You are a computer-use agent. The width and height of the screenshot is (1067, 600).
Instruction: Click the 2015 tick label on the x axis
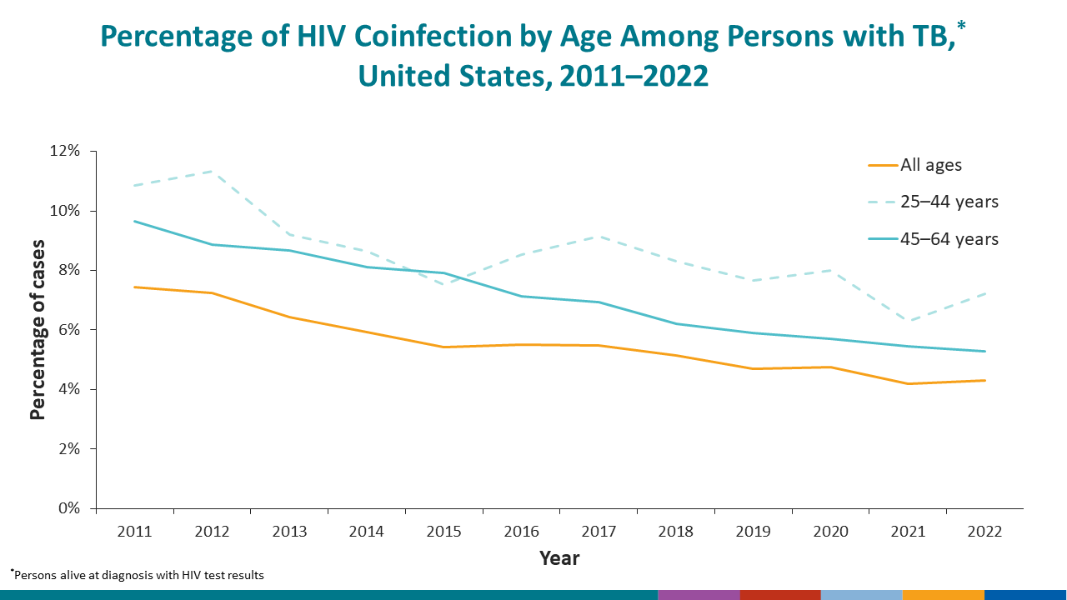click(x=443, y=532)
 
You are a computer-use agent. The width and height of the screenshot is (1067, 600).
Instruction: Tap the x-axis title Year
click(x=559, y=558)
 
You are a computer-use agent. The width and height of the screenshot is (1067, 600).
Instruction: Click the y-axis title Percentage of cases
click(x=38, y=330)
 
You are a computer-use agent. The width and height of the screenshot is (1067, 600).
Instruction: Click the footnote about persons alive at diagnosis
click(x=138, y=575)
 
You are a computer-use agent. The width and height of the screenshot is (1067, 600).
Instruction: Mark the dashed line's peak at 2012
click(x=212, y=171)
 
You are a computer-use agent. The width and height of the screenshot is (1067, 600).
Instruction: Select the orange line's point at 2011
click(x=134, y=287)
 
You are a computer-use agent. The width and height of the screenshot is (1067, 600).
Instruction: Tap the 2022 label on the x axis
click(x=984, y=532)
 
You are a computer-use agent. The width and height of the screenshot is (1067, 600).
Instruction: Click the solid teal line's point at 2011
click(x=134, y=221)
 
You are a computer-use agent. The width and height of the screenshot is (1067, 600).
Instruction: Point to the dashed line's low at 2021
click(x=908, y=321)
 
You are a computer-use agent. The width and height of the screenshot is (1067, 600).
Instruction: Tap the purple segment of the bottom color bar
click(x=699, y=594)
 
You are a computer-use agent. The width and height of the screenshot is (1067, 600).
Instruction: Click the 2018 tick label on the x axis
click(x=675, y=532)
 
